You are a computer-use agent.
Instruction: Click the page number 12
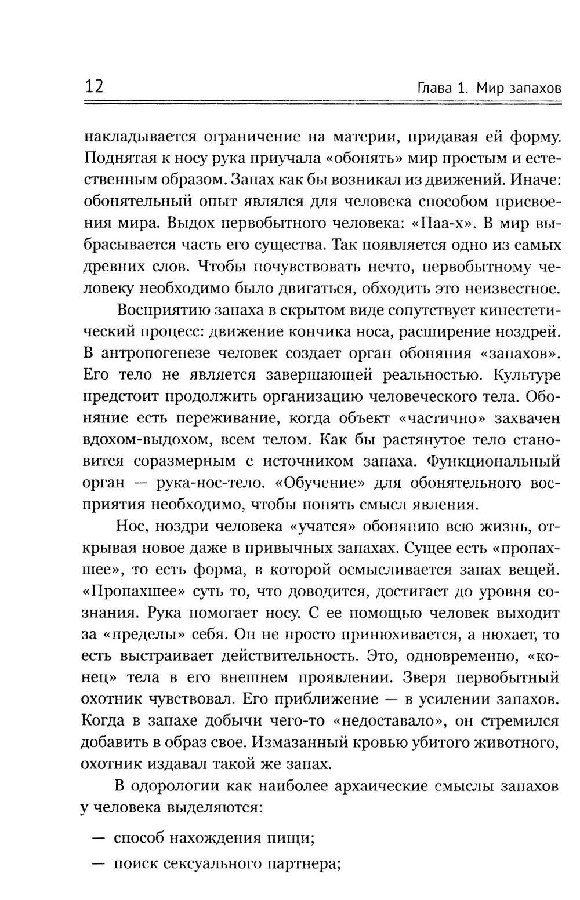93,87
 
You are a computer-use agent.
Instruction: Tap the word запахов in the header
535,89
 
